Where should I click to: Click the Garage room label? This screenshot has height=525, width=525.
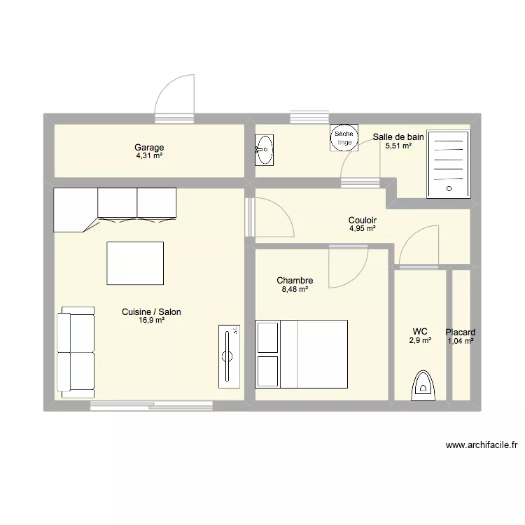[x=149, y=147]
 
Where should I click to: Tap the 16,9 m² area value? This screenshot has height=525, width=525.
[x=152, y=320]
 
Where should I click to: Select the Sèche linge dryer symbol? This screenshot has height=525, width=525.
[x=344, y=138]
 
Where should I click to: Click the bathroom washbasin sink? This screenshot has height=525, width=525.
[x=264, y=150]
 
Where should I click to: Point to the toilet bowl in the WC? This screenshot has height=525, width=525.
[x=423, y=386]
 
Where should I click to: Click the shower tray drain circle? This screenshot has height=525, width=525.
[x=449, y=188]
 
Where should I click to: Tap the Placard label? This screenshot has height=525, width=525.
[x=461, y=332]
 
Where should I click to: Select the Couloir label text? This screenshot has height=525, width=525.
[x=363, y=220]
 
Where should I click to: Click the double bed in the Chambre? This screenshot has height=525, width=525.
[x=301, y=354]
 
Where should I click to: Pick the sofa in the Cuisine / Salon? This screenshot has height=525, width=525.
[x=76, y=352]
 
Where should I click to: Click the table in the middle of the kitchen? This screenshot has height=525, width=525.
[x=135, y=263]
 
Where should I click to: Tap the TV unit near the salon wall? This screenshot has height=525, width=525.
[x=230, y=356]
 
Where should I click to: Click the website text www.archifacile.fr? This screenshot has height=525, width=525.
[x=482, y=445]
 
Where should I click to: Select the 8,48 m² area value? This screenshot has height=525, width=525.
[x=295, y=289]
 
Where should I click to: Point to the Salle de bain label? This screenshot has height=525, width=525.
[x=398, y=136]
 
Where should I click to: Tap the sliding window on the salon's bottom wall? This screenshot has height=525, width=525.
[x=151, y=405]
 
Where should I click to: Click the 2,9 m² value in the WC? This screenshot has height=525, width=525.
[x=420, y=340]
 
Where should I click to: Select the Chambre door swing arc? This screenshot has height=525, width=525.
[x=359, y=276]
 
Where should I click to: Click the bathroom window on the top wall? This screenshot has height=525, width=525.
[x=309, y=117]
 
